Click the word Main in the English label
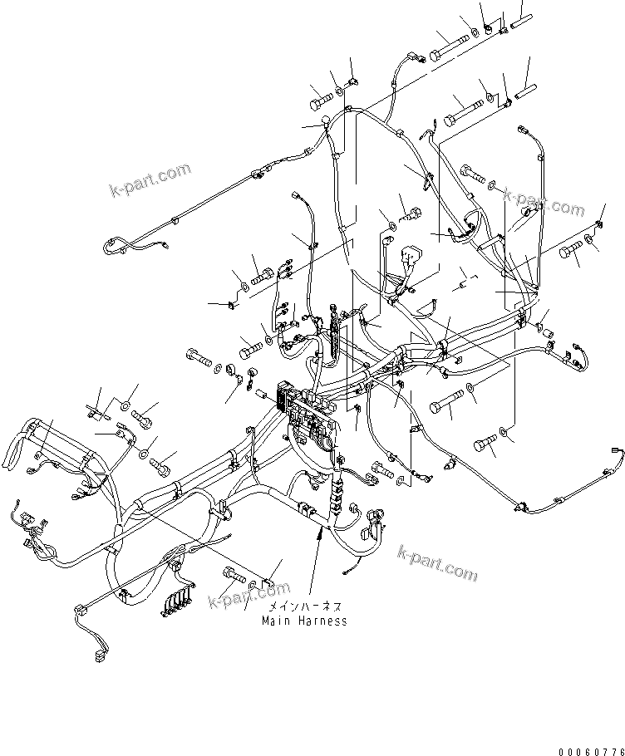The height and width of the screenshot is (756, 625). (277, 621)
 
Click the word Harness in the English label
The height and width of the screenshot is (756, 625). (322, 621)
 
